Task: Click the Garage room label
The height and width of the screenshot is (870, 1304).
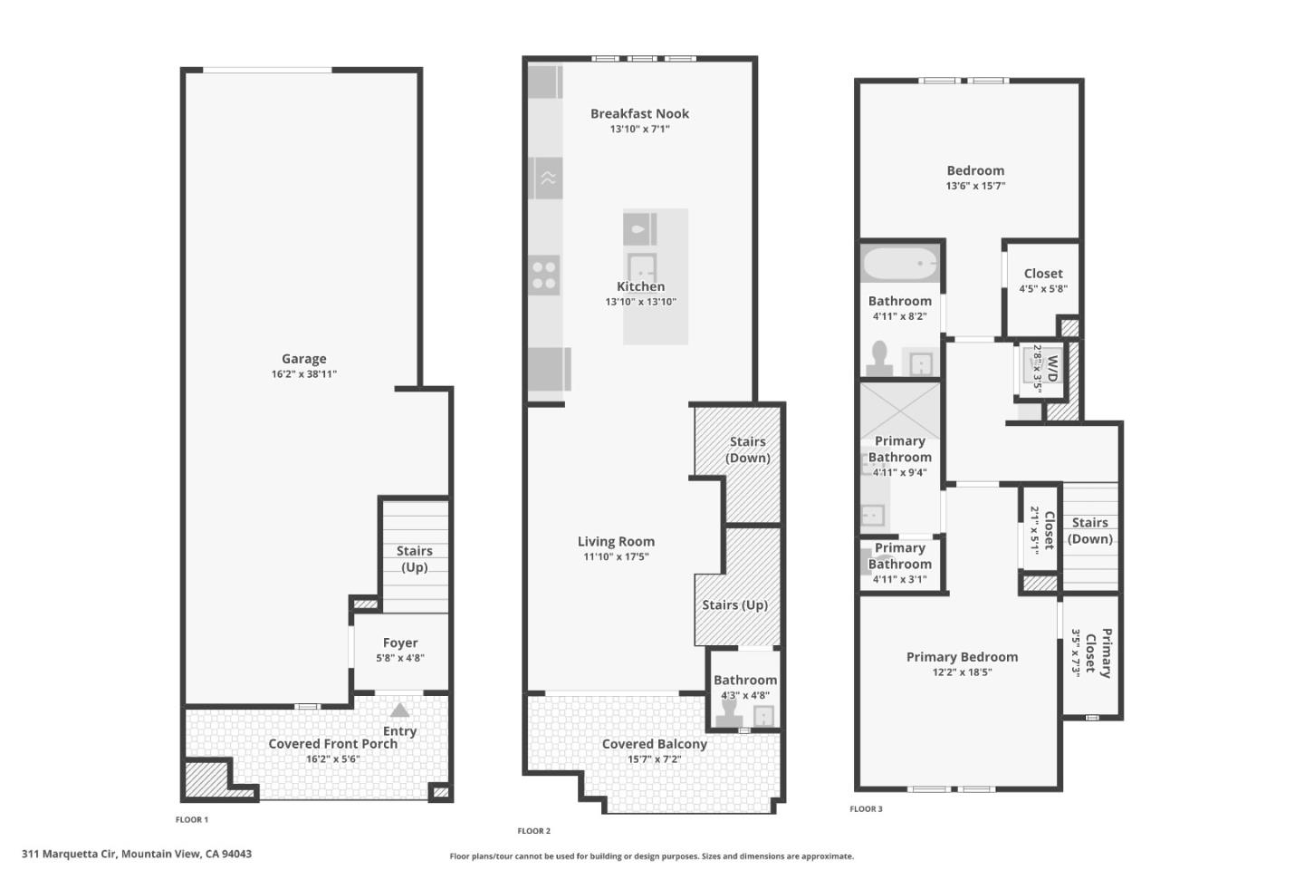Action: click(x=303, y=359)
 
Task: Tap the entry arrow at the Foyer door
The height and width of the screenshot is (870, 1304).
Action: click(x=399, y=710)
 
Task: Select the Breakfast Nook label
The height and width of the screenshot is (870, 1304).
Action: click(x=639, y=114)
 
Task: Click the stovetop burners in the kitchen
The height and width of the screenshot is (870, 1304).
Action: click(x=544, y=275)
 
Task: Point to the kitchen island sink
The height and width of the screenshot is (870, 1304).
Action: click(x=642, y=268)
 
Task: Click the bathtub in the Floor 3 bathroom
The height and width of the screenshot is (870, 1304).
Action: click(x=899, y=264)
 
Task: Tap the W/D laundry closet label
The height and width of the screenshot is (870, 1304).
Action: click(x=1052, y=369)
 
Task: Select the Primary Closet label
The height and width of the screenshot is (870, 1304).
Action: click(x=1098, y=652)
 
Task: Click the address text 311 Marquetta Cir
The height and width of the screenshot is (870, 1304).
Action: click(x=137, y=854)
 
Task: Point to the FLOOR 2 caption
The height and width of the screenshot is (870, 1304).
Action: click(x=533, y=831)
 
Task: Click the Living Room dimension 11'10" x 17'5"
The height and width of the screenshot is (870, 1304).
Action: click(x=616, y=557)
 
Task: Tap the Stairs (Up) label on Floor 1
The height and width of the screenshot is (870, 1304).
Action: click(x=414, y=559)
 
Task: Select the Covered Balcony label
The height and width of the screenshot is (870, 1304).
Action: click(x=654, y=744)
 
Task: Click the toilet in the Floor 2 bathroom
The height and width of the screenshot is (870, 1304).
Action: click(x=728, y=714)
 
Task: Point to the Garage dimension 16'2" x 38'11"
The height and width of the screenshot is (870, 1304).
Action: click(x=303, y=374)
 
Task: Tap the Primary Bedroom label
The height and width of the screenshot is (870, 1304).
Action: click(x=962, y=657)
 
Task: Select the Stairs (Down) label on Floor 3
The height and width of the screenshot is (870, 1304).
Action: click(x=1089, y=531)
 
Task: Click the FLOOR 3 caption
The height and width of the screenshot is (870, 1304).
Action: click(x=866, y=809)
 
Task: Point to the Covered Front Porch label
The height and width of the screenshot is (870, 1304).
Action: click(x=332, y=744)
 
